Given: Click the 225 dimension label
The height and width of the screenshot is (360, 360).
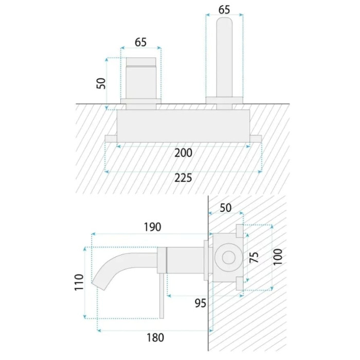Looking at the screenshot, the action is [x=183, y=178].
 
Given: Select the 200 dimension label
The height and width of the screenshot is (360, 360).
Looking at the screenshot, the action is [x=183, y=153].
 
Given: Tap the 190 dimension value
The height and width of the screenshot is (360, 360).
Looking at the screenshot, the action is [x=152, y=227].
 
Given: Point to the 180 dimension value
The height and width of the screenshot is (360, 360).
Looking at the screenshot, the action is [x=155, y=338].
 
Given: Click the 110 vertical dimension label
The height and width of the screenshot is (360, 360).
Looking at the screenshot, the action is [x=79, y=282].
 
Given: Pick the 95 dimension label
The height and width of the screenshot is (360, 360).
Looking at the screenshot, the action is [x=201, y=303].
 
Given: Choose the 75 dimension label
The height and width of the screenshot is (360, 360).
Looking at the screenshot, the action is [x=254, y=257].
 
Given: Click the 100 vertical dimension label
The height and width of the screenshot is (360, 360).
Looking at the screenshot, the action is [x=278, y=257].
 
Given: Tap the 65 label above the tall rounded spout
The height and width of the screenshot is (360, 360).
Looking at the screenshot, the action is [x=224, y=10].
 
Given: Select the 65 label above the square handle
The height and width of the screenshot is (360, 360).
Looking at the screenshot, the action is [x=140, y=42].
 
